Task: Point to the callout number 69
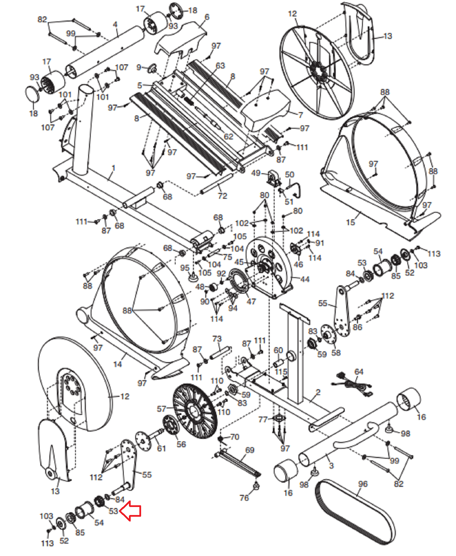pyautogui.click(x=250, y=450)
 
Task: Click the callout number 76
pyautogui.click(x=244, y=498)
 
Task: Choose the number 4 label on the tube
pyautogui.click(x=115, y=25)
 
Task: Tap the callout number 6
pyautogui.click(x=207, y=17)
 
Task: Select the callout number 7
pyautogui.click(x=300, y=115)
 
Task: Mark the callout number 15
pyautogui.click(x=350, y=222)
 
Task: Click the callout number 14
pyautogui.click(x=117, y=364)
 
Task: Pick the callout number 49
pyautogui.click(x=256, y=173)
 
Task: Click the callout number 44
pyautogui.click(x=304, y=279)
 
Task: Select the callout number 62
pyautogui.click(x=228, y=137)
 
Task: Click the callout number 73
pyautogui.click(x=217, y=338)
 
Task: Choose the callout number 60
pyautogui.click(x=278, y=350)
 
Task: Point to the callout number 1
pyautogui.click(x=114, y=168)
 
